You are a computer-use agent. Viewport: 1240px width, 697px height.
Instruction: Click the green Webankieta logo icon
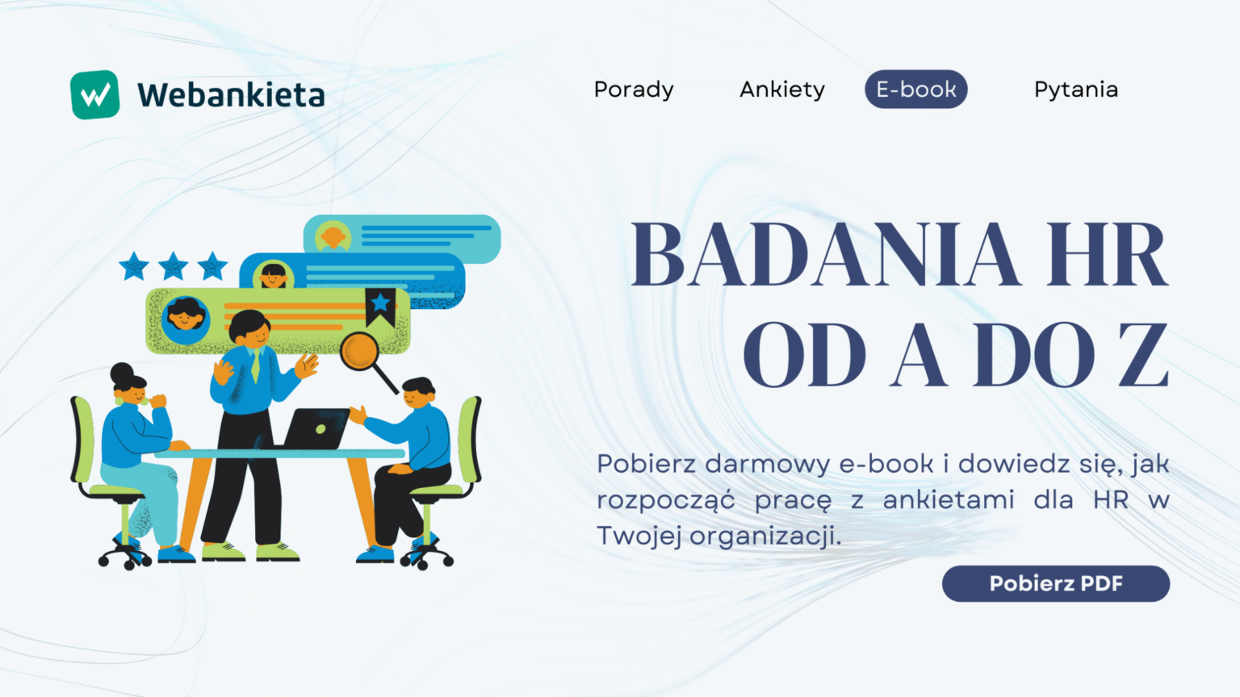point(95,95)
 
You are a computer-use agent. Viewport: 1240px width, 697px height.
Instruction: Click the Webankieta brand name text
point(231,95)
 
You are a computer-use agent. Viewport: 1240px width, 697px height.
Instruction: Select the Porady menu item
point(634,90)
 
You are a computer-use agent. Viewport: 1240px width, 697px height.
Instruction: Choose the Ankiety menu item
point(782,90)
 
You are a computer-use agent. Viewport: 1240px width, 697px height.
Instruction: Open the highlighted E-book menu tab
point(915,90)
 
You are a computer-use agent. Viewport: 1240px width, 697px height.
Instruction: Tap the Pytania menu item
point(1075,90)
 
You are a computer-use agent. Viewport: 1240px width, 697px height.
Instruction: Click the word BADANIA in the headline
point(824,256)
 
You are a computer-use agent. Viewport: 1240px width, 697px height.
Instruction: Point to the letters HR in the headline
point(1107,256)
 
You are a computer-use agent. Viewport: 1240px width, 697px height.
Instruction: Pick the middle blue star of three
point(173,265)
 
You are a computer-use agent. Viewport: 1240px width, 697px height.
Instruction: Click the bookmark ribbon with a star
point(380,306)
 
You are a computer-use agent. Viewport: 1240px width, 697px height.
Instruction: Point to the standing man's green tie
point(255,367)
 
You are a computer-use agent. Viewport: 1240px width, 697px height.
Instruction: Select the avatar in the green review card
point(186,319)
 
